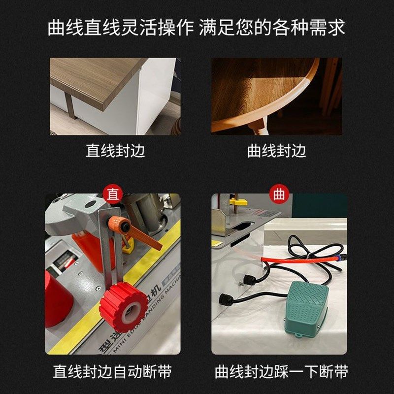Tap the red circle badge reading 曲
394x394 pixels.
point(279,194)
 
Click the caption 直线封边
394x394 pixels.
point(116,150)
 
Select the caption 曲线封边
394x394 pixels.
point(277,150)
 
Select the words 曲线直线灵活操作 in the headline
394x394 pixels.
point(121,28)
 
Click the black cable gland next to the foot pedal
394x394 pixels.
point(226,299)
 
